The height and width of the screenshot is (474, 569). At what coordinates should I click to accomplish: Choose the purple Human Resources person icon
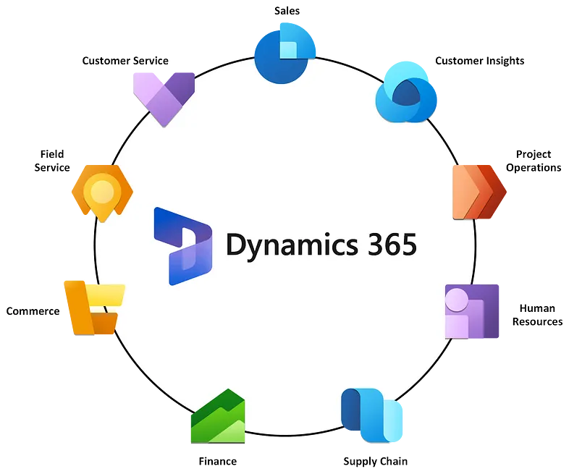pos(472,312)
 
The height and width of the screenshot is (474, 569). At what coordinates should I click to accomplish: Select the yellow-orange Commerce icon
pos(93,307)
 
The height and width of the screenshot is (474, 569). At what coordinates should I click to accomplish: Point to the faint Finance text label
pos(216,461)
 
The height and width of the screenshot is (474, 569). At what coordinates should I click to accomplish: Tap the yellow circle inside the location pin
pos(101,191)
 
